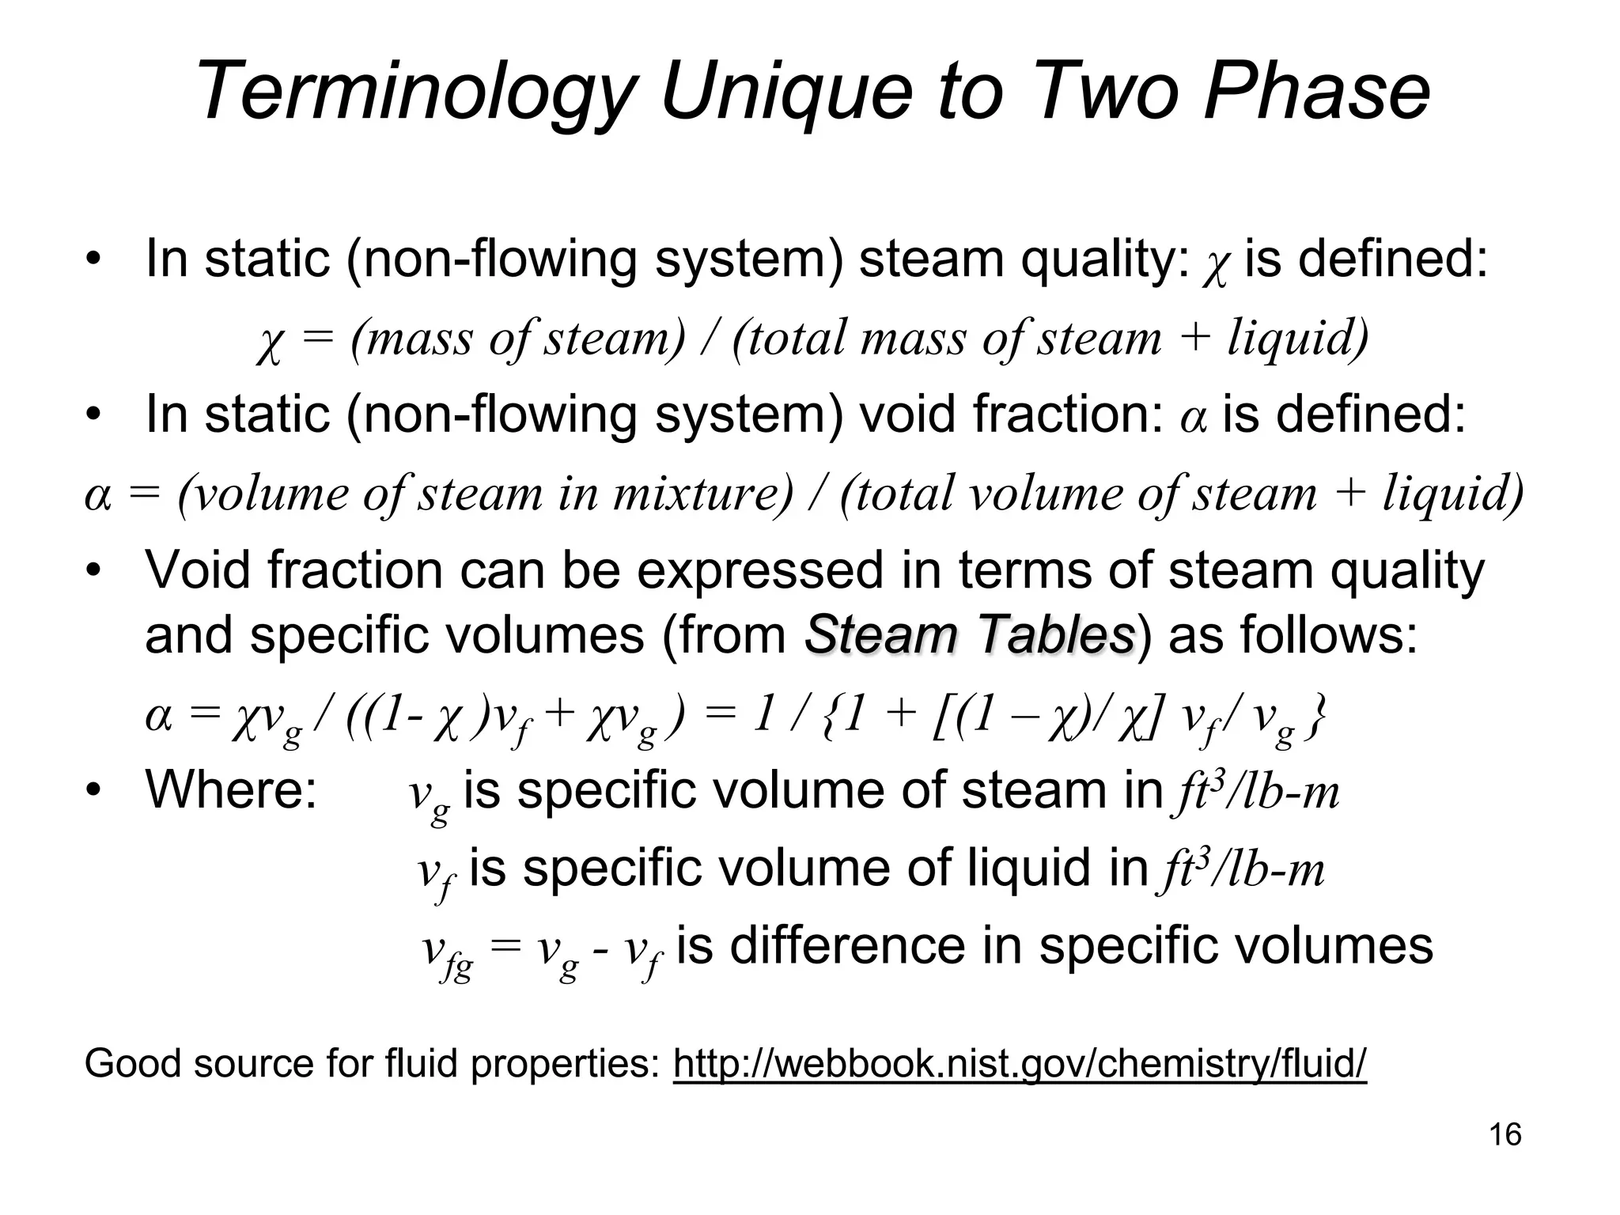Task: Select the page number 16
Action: pos(1505,1134)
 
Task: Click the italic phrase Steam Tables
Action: pos(969,634)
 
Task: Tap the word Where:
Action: pos(231,789)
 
